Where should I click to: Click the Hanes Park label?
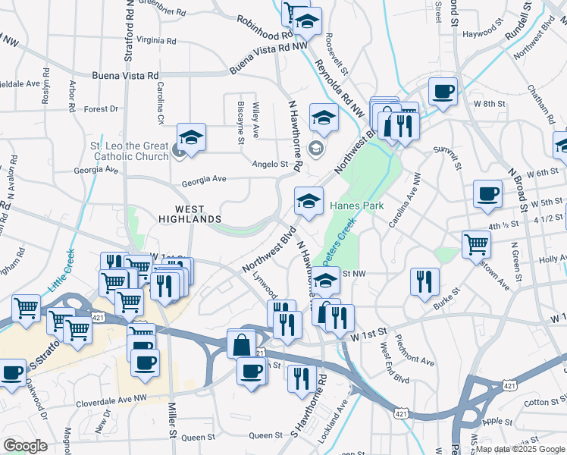coord(357,206)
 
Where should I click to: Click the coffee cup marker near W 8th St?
coord(443,92)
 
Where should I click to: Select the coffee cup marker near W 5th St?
coord(487,193)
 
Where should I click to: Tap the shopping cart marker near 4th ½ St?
coord(476,243)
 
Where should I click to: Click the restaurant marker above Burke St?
coord(424,281)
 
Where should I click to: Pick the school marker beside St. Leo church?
coord(192,138)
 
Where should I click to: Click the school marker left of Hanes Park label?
coord(308,201)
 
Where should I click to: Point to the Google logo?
coord(25,446)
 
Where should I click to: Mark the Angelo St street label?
coord(271,163)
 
